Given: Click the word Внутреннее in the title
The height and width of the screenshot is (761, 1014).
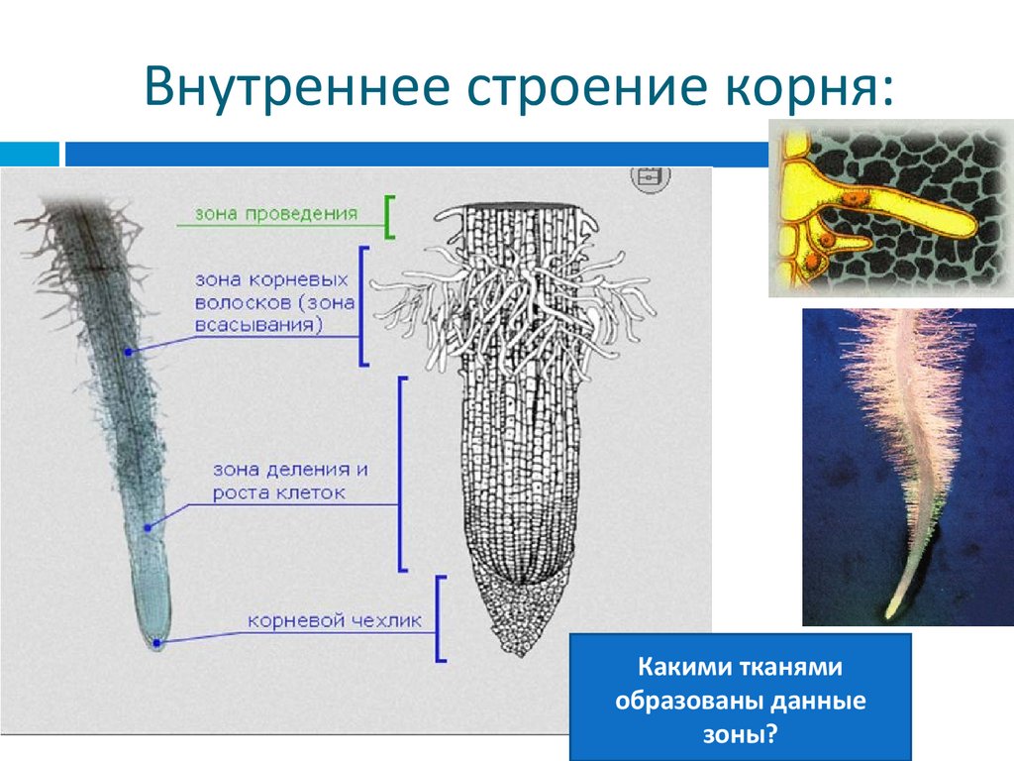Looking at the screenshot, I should [x=291, y=89].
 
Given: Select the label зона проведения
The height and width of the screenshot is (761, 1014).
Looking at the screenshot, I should [x=275, y=213].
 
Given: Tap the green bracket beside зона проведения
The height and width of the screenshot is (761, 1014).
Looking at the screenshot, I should [x=390, y=217].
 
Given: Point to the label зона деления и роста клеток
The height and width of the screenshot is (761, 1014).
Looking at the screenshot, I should [x=290, y=481].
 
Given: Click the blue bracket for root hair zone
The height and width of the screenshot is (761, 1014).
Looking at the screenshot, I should [x=363, y=306].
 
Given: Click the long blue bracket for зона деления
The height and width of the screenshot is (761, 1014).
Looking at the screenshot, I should [x=402, y=474].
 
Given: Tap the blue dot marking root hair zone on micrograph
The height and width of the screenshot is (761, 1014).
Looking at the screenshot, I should [x=128, y=352].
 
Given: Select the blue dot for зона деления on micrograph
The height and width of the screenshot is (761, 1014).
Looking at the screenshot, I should [x=148, y=528].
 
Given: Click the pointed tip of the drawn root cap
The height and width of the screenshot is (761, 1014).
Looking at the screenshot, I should [x=521, y=653].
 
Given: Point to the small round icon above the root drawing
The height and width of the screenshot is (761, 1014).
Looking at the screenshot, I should [x=650, y=175].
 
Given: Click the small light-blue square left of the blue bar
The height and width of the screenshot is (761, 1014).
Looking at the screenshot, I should [x=29, y=155].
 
